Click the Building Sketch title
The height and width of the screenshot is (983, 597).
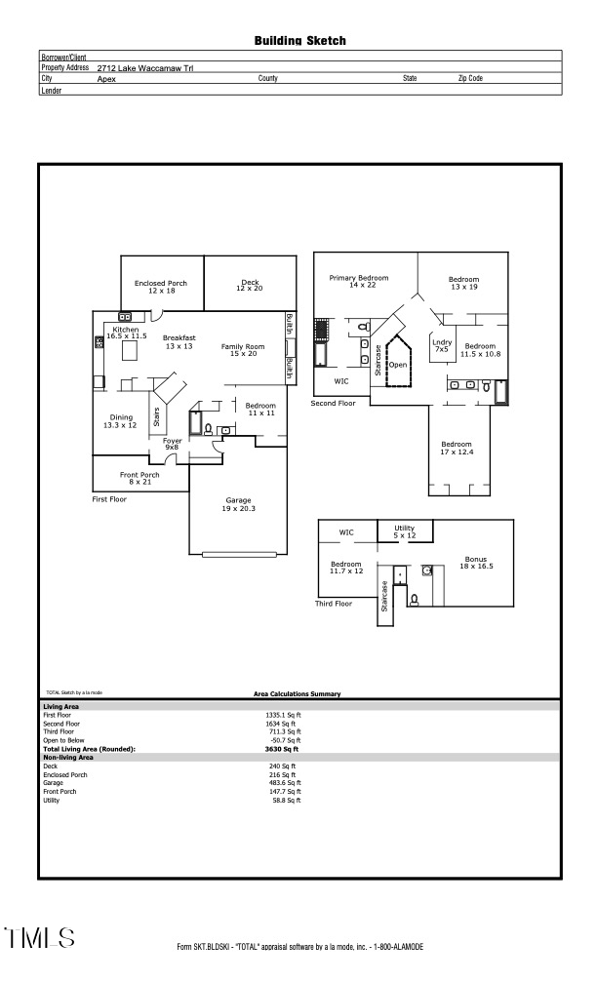[299, 41]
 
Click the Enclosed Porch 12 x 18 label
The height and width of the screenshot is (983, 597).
[160, 287]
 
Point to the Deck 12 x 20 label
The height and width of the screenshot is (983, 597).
[250, 286]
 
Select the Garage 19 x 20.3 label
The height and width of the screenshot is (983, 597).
[238, 504]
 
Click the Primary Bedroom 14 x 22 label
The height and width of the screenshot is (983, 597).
[358, 282]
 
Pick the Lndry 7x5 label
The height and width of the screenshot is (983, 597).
[441, 345]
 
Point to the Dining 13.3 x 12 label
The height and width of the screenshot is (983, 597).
[121, 421]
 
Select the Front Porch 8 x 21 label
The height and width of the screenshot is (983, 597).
[139, 478]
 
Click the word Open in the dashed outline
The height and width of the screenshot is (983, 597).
[398, 365]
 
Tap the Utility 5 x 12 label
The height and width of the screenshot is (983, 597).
[404, 531]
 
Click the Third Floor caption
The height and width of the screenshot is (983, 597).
[333, 604]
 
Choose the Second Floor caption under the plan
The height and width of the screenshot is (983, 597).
[334, 403]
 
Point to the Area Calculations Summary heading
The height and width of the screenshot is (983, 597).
[298, 693]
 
